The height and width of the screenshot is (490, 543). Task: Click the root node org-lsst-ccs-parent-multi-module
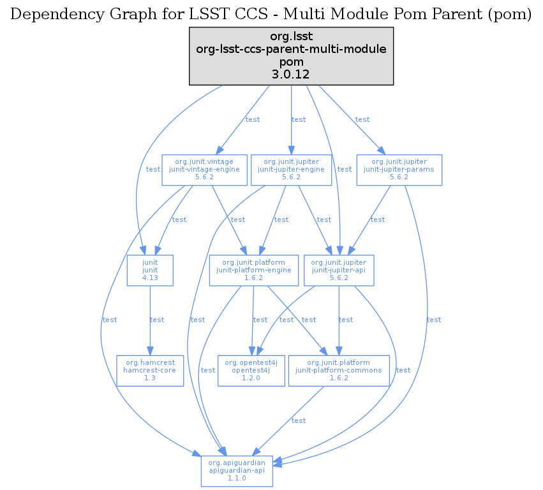click(x=291, y=56)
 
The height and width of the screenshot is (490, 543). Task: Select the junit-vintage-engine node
click(x=204, y=169)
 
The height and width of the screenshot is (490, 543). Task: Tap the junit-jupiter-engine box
click(x=291, y=169)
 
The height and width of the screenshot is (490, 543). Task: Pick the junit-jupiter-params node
click(x=399, y=169)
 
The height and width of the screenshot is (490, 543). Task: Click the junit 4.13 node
click(x=150, y=270)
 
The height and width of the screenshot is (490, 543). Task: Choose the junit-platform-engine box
click(x=254, y=270)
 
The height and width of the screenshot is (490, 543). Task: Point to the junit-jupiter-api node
click(x=338, y=270)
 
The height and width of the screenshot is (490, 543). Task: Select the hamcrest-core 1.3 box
click(x=150, y=370)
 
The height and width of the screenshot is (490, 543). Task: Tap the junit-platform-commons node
click(x=339, y=370)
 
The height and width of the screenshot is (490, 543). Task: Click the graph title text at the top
click(x=271, y=15)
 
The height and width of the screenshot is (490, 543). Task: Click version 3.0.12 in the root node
click(x=291, y=75)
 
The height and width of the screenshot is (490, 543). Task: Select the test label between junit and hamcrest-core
click(x=156, y=320)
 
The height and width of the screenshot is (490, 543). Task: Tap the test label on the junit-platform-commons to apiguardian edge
click(x=298, y=420)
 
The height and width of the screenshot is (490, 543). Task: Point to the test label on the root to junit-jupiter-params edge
click(x=362, y=119)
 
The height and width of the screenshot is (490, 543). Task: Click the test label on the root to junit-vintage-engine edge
click(x=253, y=119)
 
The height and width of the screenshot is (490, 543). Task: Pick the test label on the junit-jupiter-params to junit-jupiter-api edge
click(x=377, y=219)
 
